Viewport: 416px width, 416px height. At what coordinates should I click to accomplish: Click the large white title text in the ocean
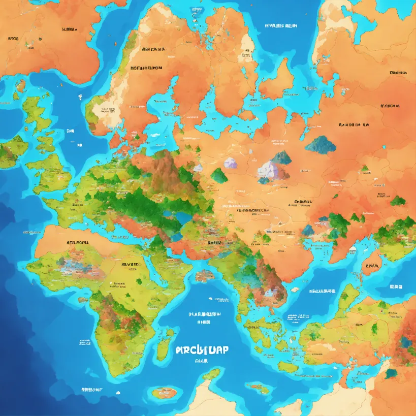click(x=202, y=350)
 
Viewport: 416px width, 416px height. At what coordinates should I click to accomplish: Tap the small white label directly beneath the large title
click(x=202, y=362)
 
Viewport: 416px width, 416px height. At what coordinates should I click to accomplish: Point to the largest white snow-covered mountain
click(x=268, y=171)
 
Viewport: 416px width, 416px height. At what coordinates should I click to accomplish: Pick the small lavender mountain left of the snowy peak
click(x=231, y=163)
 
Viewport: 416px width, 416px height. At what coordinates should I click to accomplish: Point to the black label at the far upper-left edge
click(x=13, y=39)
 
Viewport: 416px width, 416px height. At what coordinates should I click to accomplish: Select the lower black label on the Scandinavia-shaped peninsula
click(x=146, y=67)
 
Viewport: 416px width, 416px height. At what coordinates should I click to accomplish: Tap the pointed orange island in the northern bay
click(x=277, y=81)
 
